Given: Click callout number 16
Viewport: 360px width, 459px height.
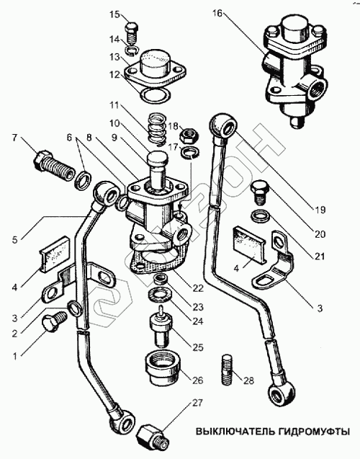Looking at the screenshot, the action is [217, 14].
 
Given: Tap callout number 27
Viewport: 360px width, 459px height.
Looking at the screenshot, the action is [197, 404].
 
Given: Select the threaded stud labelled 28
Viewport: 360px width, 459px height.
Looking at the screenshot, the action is [227, 370].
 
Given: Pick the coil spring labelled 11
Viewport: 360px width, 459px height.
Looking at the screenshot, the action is [157, 129].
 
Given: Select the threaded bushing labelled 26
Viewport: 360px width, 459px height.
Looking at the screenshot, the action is [162, 368].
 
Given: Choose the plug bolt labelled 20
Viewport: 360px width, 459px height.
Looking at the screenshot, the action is [259, 192].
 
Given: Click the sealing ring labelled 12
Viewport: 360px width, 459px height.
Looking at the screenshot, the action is [156, 95].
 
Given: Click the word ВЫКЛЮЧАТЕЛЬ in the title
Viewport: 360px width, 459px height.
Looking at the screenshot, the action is [235, 432].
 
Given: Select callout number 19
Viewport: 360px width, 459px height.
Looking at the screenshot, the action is [319, 210].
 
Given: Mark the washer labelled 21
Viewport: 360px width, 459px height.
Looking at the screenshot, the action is [260, 216].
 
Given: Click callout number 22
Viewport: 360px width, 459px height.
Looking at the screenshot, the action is [198, 288].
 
